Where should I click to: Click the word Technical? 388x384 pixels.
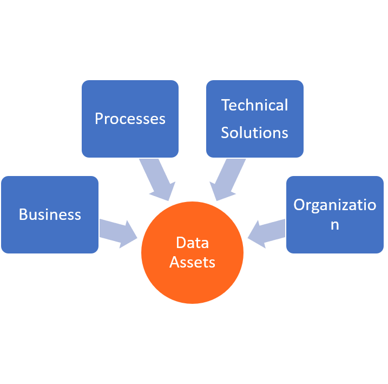point(254,105)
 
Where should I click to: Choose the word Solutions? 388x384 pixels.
point(254,133)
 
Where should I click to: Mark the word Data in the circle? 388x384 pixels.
point(192,243)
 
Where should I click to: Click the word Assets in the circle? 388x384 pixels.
point(192,262)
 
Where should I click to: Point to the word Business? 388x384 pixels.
point(50,214)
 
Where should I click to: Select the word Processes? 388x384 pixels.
point(130,119)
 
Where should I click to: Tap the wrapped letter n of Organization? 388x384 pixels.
point(335,224)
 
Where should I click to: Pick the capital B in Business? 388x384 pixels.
point(23,214)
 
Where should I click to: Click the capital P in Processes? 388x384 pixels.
point(99,119)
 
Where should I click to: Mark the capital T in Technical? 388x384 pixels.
point(226,105)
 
